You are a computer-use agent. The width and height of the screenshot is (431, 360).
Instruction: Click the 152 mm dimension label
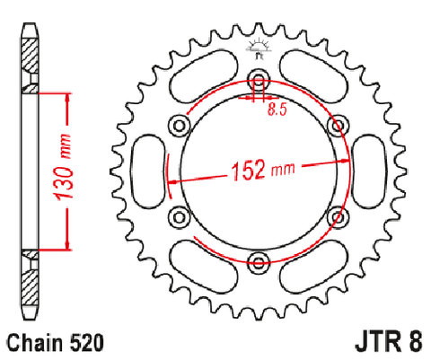263,170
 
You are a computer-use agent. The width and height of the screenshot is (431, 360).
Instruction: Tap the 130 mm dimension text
63,168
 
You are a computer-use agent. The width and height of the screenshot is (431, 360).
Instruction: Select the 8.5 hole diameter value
277,110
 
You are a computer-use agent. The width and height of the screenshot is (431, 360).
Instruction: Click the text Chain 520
56,342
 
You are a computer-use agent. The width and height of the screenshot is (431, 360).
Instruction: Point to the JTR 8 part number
389,342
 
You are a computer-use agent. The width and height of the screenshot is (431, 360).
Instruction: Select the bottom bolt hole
259,262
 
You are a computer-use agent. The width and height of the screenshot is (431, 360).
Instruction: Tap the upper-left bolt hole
180,126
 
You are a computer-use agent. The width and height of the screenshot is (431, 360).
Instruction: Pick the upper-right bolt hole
339,126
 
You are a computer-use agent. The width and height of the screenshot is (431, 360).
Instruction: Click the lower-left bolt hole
180,216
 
